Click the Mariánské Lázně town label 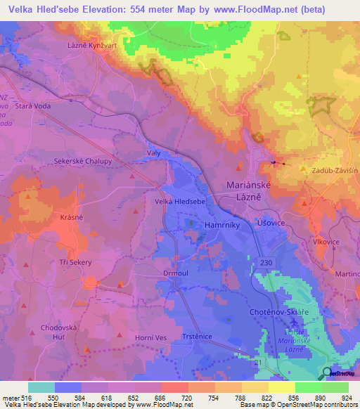[x=253, y=190]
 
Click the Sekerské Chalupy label [x=77, y=161]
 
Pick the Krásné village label [x=72, y=217]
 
